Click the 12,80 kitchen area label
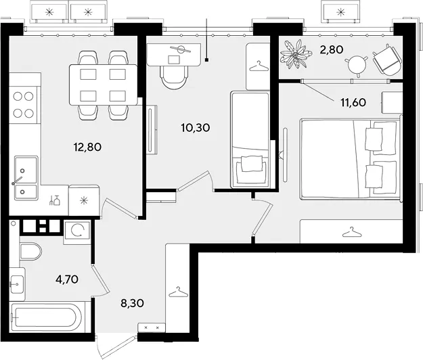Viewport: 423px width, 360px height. [x=87, y=148]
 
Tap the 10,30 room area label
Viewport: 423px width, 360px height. [x=196, y=127]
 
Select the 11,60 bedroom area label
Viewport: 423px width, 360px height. [x=353, y=102]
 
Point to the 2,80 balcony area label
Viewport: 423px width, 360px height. [x=331, y=49]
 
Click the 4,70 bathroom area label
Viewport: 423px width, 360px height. [x=67, y=279]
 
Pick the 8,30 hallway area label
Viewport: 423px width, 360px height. [x=132, y=303]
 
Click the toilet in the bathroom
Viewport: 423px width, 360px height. [x=30, y=251]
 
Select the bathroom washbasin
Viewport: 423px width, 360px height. [x=18, y=284]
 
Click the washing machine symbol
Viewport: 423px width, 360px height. [x=77, y=231]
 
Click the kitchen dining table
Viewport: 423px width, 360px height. [x=104, y=85]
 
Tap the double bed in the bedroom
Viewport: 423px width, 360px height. [x=351, y=160]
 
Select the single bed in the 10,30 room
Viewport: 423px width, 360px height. [x=250, y=139]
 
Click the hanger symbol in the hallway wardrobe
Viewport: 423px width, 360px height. [x=178, y=292]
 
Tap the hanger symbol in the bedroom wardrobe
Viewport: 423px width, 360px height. [x=352, y=232]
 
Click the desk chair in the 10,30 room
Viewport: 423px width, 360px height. [x=174, y=78]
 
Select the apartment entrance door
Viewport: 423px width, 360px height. [x=117, y=346]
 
